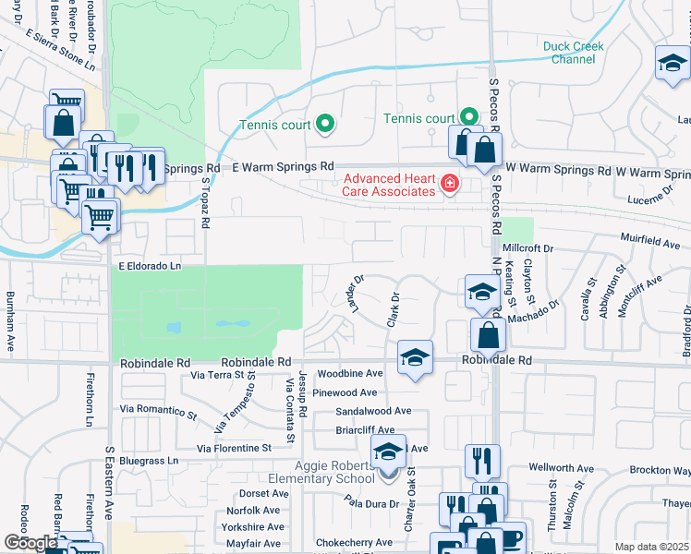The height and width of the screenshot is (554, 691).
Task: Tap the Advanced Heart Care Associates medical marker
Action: click(x=450, y=185)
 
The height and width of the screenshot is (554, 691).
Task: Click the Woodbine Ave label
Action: click(x=349, y=374)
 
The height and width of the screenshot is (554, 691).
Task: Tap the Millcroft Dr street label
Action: click(x=527, y=249)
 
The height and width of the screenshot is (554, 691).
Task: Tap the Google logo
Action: click(x=30, y=543)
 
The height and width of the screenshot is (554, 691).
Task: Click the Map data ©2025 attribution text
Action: click(x=651, y=547)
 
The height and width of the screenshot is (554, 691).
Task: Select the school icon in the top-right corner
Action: click(x=672, y=64)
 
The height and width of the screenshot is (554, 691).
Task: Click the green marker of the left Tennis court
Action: click(x=324, y=123)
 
